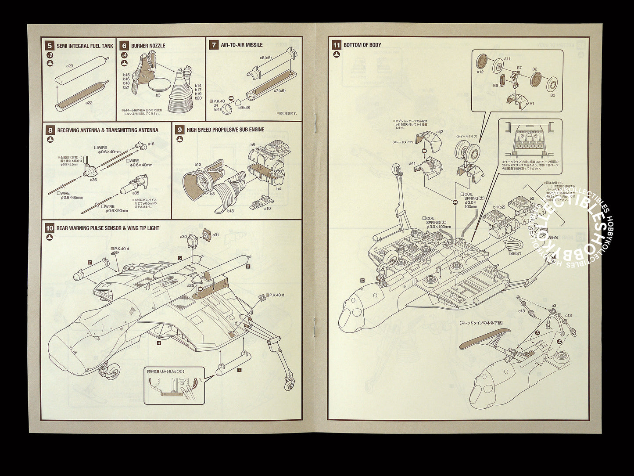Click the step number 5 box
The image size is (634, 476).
50,46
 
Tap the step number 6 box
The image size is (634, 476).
124,46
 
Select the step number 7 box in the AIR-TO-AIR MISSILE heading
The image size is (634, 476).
214,45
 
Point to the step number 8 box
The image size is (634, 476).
50,130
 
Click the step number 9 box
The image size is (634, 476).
179,130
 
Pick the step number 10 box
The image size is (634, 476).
50,228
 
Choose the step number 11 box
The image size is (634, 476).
337,45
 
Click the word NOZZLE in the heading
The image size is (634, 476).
157,46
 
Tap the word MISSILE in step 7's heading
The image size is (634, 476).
254,45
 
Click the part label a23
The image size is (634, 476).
69,65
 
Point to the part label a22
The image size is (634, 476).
89,103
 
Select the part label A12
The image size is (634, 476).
480,72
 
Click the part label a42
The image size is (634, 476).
440,132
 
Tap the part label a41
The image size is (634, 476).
412,163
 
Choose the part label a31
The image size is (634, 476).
215,235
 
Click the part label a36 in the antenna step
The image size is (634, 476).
93,180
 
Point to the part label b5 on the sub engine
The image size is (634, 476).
253,144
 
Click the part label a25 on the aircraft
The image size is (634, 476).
190,285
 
